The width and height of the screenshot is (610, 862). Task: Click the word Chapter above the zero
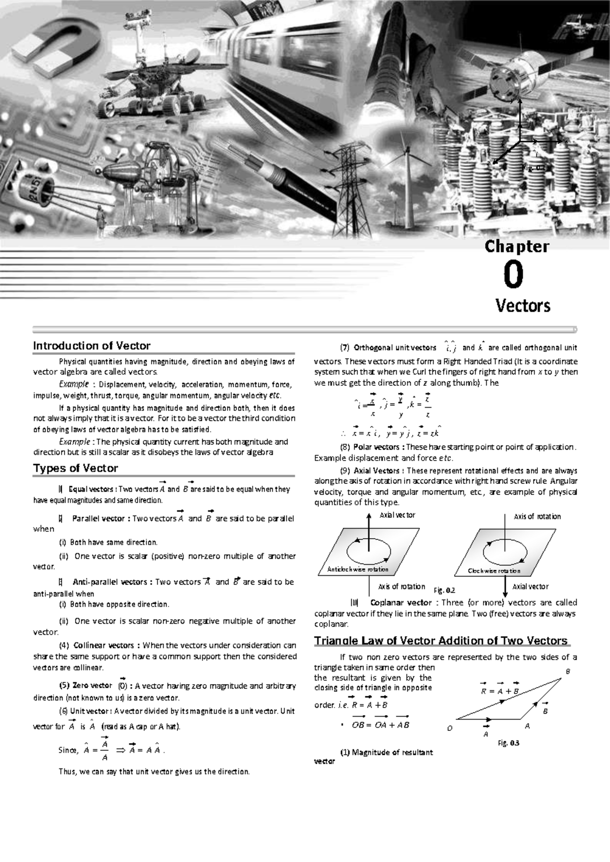click(516, 247)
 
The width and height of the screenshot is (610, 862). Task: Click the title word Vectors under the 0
click(523, 306)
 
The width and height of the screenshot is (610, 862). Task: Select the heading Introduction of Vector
click(91, 346)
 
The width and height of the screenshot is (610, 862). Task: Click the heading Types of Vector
click(75, 469)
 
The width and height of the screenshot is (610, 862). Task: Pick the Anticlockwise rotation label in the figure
click(355, 570)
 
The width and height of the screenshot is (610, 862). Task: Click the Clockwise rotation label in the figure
click(494, 571)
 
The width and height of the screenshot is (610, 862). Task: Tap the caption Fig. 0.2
click(444, 591)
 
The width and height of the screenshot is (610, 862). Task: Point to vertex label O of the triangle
click(449, 728)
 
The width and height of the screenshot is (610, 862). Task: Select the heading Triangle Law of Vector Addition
click(440, 640)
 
